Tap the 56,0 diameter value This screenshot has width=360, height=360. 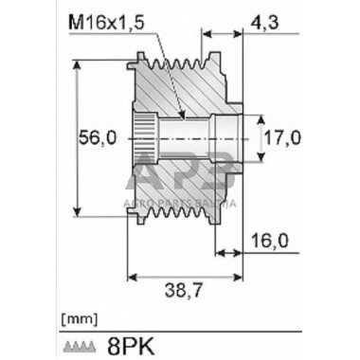[98, 137]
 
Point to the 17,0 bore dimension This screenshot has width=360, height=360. [282, 137]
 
